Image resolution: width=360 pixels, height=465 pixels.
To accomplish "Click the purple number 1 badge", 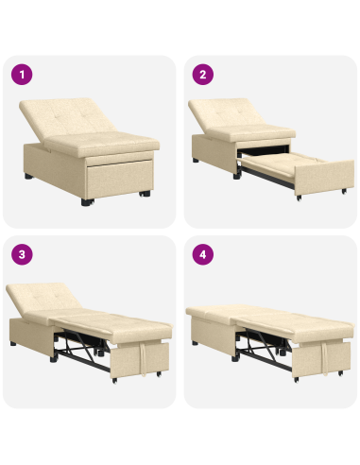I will tap(22, 73).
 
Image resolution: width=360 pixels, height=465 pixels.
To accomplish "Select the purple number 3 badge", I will tap(22, 254).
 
